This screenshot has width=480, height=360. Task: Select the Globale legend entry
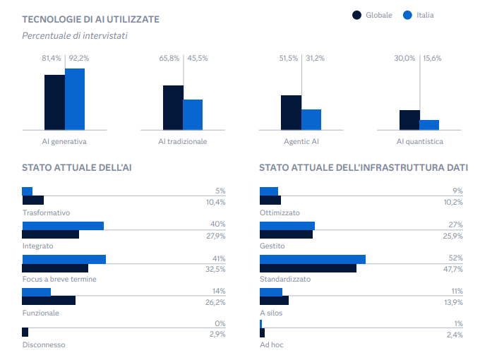pos(372,15)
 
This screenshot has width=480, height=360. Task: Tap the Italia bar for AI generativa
pos(75,99)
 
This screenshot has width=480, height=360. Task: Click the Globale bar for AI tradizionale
pos(173,107)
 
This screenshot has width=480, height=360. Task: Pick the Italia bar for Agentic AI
pos(311,119)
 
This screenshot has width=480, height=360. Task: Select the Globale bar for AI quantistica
pos(409,120)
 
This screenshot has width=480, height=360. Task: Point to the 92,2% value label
pos(79,58)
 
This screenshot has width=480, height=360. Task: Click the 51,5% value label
pos(289,58)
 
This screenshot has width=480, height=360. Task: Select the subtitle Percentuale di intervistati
pos(74,35)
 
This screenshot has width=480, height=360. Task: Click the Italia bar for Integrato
pos(63,226)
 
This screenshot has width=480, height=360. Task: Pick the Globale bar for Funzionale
pos(49,300)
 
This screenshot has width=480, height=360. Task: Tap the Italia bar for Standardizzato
pos(313,259)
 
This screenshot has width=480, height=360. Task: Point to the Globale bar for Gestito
pos(286,234)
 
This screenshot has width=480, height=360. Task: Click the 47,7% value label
pos(452,268)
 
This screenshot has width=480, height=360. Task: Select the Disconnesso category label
pos(44,344)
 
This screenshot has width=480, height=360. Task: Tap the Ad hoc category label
pos(272,344)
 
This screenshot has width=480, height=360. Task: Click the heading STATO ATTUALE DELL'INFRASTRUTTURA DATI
pos(363,168)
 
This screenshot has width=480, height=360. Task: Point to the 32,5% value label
pos(215,268)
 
